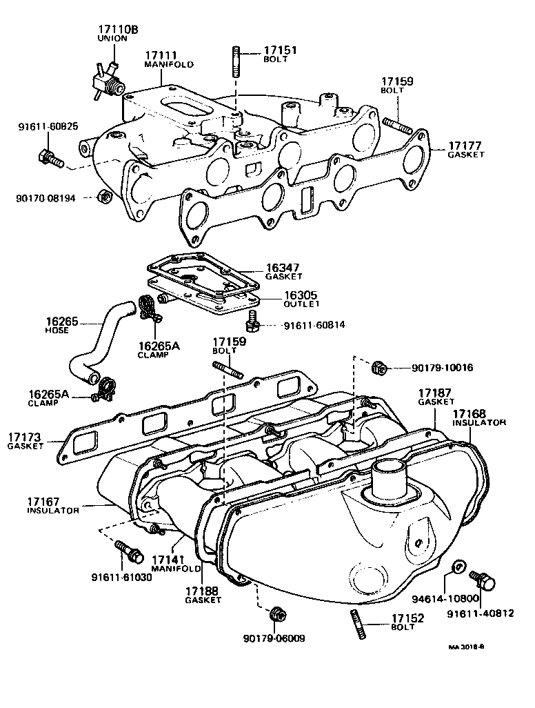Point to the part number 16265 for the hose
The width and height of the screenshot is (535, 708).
[61, 322]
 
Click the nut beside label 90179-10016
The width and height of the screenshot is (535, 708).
[378, 368]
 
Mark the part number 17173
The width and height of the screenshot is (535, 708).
[25, 437]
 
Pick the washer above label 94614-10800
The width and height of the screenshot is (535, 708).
[456, 568]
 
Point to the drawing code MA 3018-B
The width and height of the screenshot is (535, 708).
[467, 647]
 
